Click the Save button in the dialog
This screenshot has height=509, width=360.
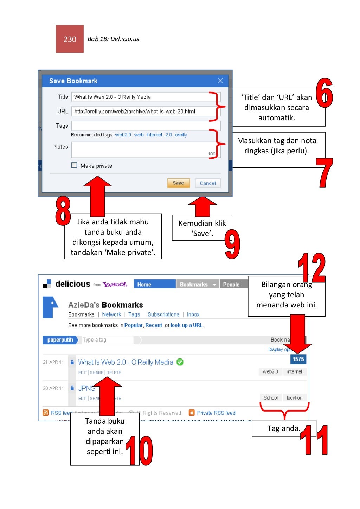point(178,183)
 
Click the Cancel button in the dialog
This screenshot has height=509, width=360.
point(208,183)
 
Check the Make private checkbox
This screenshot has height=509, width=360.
point(74,165)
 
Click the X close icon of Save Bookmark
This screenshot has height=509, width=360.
point(220,81)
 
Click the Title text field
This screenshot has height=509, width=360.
point(141,97)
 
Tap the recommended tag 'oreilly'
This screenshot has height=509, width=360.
point(181,135)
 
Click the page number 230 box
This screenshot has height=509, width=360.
point(70,39)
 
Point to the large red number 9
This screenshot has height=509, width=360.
point(232,244)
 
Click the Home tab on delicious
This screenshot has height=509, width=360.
point(154,284)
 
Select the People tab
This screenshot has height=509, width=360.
point(231,285)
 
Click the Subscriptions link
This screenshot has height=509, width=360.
point(163,314)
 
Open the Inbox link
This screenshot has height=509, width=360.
point(193,314)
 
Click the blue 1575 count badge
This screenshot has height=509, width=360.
point(298,359)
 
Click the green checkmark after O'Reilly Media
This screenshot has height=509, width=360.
point(180,362)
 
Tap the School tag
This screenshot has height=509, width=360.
point(271,398)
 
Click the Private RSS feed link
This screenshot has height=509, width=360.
point(216,413)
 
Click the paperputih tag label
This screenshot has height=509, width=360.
point(60,340)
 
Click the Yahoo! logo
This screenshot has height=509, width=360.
point(115,285)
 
